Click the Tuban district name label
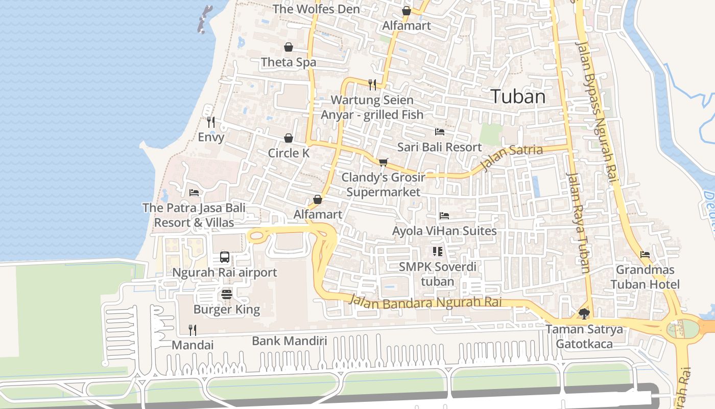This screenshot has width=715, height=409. coord(518,97)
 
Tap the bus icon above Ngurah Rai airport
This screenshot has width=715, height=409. coord(225,257)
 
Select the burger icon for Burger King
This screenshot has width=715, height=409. coord(227,294)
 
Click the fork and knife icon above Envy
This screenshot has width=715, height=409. coord(210,122)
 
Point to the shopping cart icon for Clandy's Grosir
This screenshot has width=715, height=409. coord(383,162)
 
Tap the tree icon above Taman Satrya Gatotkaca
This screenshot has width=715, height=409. coord(584,313)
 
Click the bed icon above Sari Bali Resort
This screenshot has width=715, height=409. coord(439,132)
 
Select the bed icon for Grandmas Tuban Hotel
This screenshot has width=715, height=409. coord(645,254)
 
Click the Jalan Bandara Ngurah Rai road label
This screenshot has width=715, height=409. coord(425,302)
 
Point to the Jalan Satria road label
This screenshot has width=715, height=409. coord(512,157)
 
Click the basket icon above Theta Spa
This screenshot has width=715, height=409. coord(289,47)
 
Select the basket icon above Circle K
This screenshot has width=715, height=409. coord(289,138)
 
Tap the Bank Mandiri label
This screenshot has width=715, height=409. coord(289,341)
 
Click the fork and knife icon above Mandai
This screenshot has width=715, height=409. coord(193,330)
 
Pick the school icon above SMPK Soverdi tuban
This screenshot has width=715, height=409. coord(438,251)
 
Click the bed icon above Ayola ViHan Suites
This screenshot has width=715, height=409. coord(444,216)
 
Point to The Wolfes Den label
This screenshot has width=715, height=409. coord(316,9)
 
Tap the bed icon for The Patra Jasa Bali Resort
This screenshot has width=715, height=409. coord(194,193)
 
